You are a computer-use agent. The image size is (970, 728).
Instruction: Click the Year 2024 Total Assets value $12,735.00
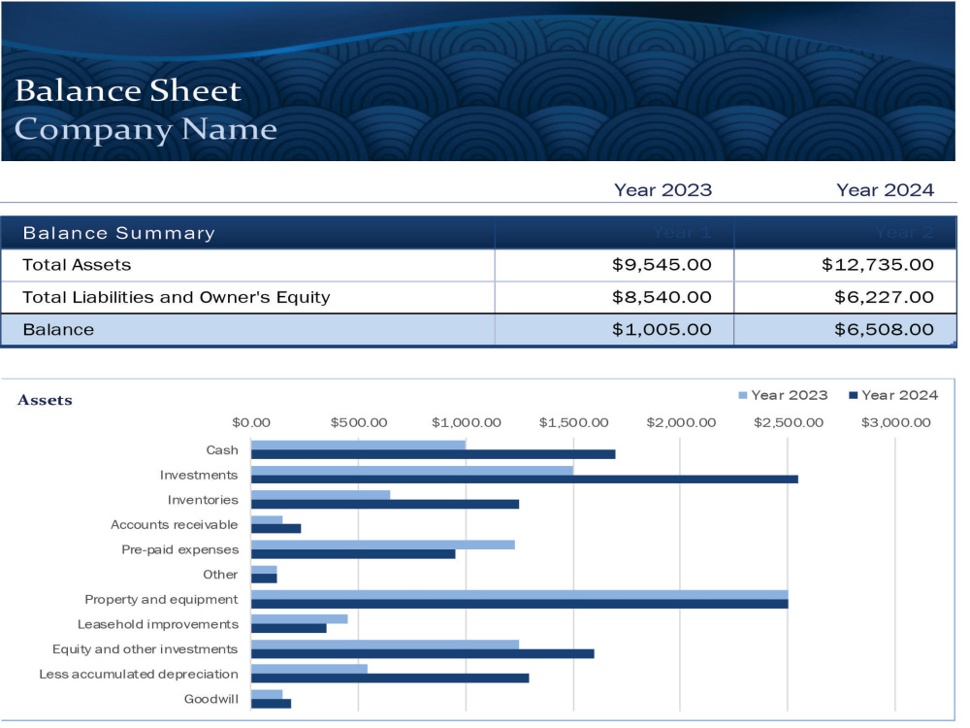click(x=877, y=265)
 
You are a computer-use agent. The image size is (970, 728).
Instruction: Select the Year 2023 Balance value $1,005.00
click(x=662, y=329)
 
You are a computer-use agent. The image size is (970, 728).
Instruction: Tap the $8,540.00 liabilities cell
click(x=662, y=297)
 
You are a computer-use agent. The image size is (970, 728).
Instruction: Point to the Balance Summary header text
click(x=118, y=233)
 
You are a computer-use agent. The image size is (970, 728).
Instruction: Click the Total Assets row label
click(x=77, y=265)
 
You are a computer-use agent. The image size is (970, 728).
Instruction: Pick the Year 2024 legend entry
click(x=893, y=395)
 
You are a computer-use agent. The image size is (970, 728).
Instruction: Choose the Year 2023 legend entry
click(x=783, y=395)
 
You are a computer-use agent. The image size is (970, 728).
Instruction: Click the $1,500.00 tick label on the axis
click(x=573, y=423)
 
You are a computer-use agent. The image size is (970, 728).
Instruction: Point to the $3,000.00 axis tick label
click(x=895, y=423)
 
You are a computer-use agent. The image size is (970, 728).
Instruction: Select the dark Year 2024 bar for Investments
click(x=525, y=480)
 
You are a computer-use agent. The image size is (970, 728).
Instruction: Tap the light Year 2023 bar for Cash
click(x=358, y=446)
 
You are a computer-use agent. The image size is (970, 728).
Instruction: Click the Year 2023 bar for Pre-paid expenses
click(x=383, y=545)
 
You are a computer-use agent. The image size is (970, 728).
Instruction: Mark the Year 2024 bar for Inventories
click(x=385, y=504)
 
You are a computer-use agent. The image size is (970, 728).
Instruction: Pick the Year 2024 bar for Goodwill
click(x=271, y=703)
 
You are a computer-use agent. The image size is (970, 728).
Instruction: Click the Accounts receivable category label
click(x=174, y=525)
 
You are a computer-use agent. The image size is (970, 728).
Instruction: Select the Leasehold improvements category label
click(x=158, y=624)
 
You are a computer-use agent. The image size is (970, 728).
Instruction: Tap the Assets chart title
click(x=45, y=400)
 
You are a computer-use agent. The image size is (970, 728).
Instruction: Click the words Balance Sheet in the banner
click(x=128, y=90)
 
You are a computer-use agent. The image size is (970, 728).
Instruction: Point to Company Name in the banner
click(x=145, y=129)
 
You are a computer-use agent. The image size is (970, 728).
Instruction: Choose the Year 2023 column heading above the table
click(x=663, y=190)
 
